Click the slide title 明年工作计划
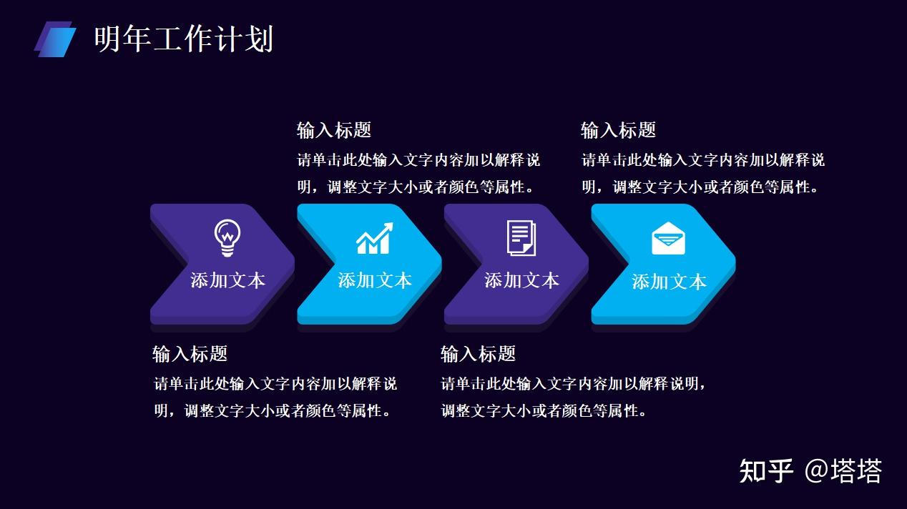click(x=184, y=39)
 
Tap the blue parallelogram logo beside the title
click(x=55, y=39)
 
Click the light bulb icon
click(x=227, y=238)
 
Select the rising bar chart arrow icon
click(x=375, y=238)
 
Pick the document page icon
click(x=521, y=238)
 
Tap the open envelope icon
click(x=669, y=238)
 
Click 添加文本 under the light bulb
click(x=228, y=280)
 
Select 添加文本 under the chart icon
click(x=375, y=280)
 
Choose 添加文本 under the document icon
click(x=522, y=280)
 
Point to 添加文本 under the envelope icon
click(x=670, y=282)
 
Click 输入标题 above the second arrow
click(x=334, y=130)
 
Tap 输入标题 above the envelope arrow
click(x=618, y=130)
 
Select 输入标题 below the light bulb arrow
click(x=190, y=354)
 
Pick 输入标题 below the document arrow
click(x=479, y=354)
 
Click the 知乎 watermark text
click(x=766, y=471)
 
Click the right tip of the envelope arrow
click(x=735, y=265)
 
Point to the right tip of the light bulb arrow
click(x=295, y=265)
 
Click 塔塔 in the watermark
click(x=856, y=471)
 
